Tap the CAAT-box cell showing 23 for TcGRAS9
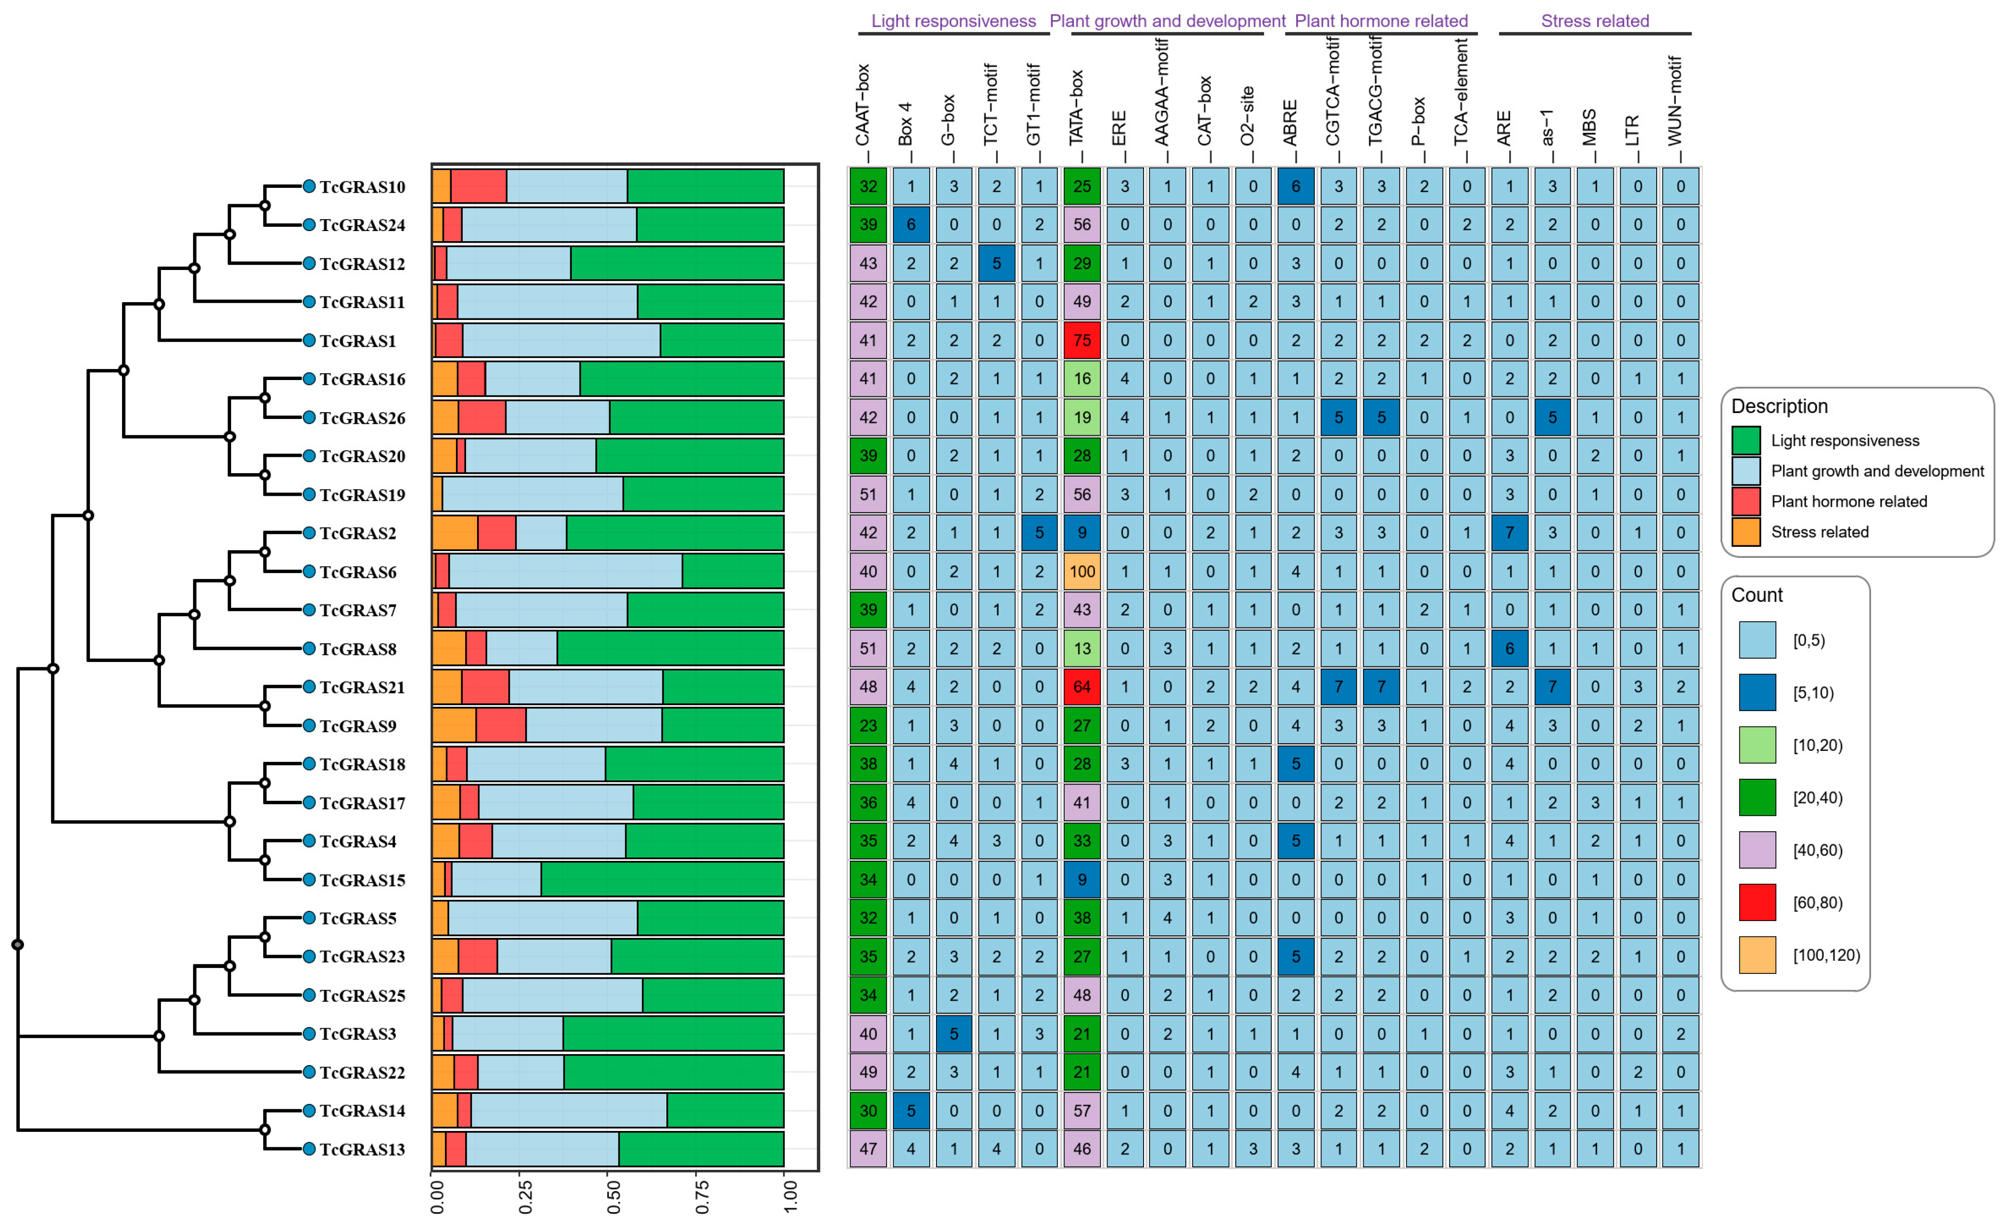coord(868,725)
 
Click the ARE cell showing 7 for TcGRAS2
coord(1509,533)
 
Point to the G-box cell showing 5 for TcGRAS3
coord(953,1034)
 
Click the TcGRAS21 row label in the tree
coord(361,687)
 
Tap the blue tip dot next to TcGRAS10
coord(309,186)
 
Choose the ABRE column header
coord(1291,122)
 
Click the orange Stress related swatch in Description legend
coord(1746,532)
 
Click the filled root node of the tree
coord(18,945)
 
